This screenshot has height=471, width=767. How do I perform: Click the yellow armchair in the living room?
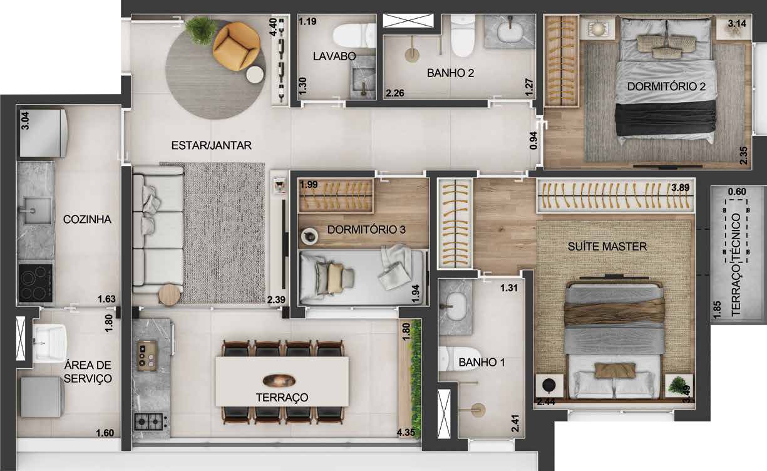pyautogui.click(x=236, y=46)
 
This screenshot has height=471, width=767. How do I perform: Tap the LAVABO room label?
pyautogui.click(x=334, y=56)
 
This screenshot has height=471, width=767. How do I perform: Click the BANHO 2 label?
pyautogui.click(x=450, y=73)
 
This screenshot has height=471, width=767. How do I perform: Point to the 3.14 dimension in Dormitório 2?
pyautogui.click(x=737, y=23)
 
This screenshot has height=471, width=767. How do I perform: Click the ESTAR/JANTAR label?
pyautogui.click(x=211, y=145)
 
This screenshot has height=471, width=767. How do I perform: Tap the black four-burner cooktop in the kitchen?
pyautogui.click(x=36, y=283)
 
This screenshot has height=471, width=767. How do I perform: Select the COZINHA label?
pyautogui.click(x=87, y=219)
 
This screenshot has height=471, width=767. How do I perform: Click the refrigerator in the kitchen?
pyautogui.click(x=43, y=133)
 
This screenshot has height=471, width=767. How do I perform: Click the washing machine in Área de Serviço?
pyautogui.click(x=42, y=397)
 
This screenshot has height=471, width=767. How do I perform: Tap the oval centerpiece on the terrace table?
pyautogui.click(x=279, y=380)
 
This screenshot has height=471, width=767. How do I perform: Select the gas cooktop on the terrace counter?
pyautogui.click(x=148, y=422)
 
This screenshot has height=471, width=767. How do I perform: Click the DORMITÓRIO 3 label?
pyautogui.click(x=366, y=229)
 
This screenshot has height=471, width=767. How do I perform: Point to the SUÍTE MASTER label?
pyautogui.click(x=607, y=246)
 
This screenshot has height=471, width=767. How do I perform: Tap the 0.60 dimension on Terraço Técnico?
pyautogui.click(x=737, y=191)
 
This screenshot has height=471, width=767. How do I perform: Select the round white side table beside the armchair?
pyautogui.click(x=255, y=75)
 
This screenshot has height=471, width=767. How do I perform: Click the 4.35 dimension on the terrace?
pyautogui.click(x=406, y=432)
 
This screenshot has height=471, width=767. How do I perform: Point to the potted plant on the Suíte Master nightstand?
pyautogui.click(x=677, y=385)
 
